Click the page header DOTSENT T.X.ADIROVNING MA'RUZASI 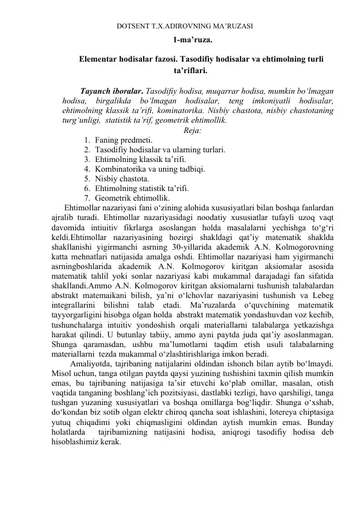point(184,27)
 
